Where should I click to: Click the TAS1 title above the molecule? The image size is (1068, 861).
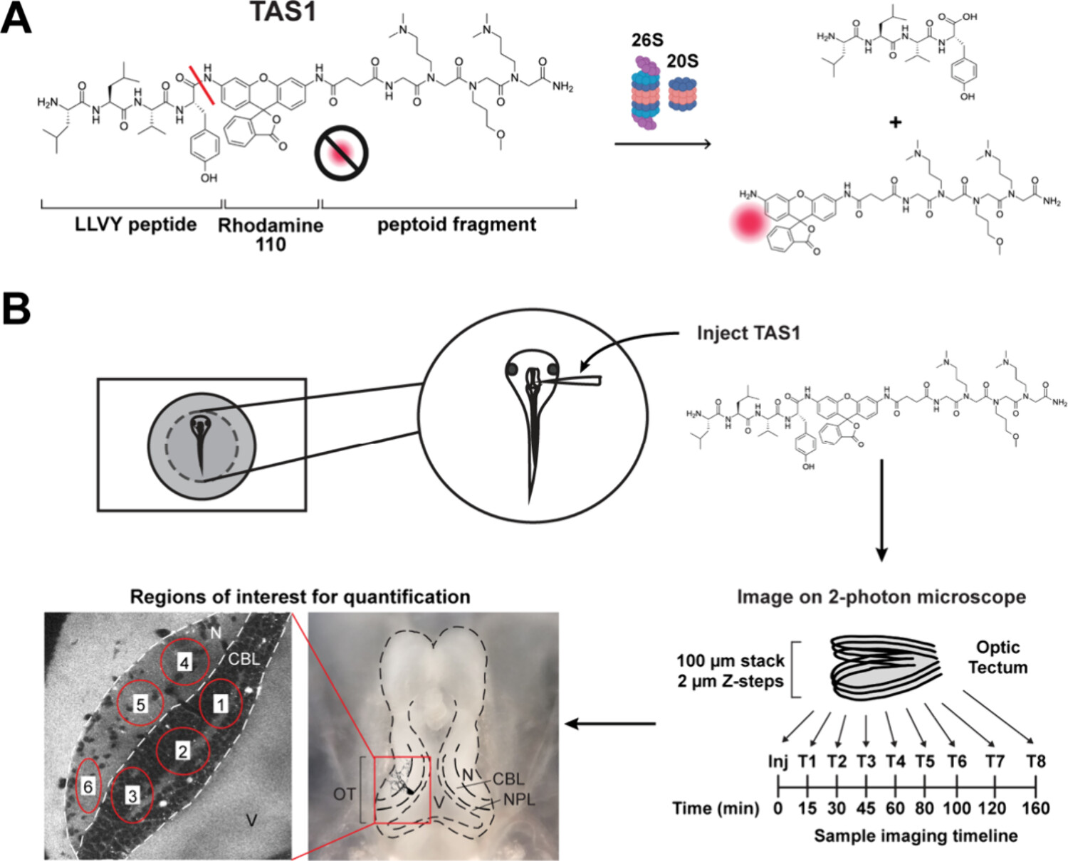coord(283,12)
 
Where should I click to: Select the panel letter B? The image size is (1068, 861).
coord(16,310)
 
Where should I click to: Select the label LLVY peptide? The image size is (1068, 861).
coord(135,225)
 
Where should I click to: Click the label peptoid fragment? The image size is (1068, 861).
coord(456,225)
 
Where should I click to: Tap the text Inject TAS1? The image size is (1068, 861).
coord(748,333)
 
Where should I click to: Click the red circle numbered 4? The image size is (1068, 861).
coord(184,662)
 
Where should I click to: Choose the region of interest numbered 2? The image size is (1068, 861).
coord(183,751)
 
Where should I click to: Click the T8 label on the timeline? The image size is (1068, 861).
coord(1035,761)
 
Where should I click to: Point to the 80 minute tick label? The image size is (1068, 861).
coord(924,808)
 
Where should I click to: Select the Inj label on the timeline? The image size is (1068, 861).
coord(778,761)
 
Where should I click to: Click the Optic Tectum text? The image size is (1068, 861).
coord(998,657)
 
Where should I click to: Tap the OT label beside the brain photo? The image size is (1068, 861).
coord(345,793)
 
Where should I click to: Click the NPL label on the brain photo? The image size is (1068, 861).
coord(519,800)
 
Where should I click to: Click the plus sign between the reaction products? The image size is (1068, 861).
coord(895,122)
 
